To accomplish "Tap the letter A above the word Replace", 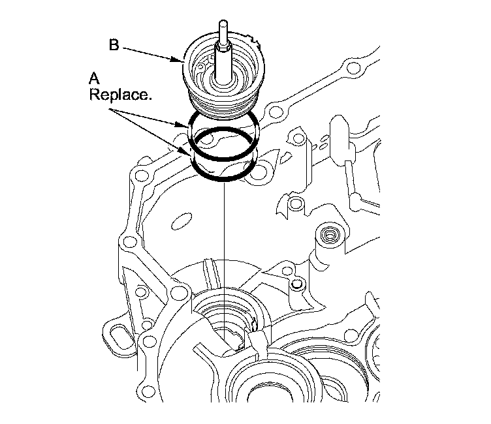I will coord(94,78).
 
